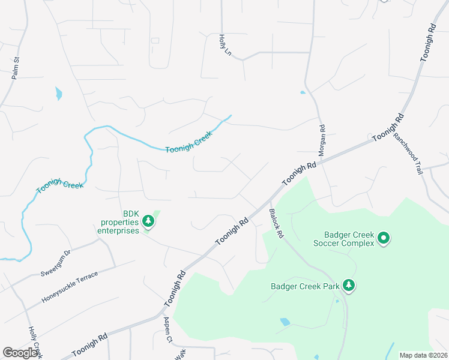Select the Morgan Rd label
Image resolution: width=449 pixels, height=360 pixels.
coord(322,141)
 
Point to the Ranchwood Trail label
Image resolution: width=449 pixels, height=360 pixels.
coord(408,154)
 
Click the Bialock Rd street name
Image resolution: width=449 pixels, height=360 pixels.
coord(276,224)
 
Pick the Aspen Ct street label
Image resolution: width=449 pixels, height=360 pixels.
coord(168,330)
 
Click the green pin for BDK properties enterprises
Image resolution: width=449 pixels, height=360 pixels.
coord(148,223)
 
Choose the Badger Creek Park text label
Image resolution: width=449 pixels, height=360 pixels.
coord(304,286)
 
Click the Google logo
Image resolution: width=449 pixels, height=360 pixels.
coord(20,353)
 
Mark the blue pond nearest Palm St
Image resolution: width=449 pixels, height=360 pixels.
coord(58,93)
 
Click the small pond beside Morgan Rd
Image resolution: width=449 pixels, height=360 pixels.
coord(303,92)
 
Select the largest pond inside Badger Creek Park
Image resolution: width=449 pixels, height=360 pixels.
coord(285,322)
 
